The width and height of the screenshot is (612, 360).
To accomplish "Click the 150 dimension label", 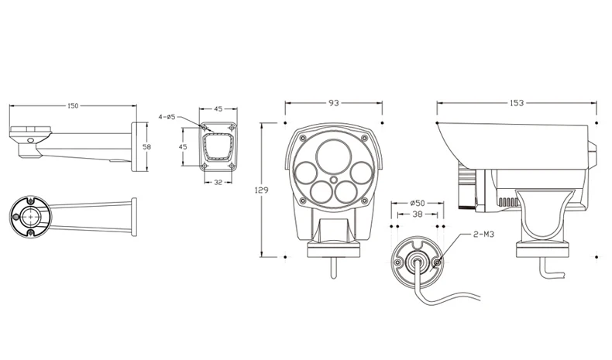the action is click(x=73, y=106).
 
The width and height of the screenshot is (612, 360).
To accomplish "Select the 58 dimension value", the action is click(x=146, y=147).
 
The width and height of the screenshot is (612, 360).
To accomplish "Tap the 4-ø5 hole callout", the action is click(x=167, y=117).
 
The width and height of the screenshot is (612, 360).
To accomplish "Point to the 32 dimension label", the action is click(x=218, y=182).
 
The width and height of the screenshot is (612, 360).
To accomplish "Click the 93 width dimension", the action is click(x=334, y=103).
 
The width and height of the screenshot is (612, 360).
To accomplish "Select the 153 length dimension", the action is click(x=517, y=103).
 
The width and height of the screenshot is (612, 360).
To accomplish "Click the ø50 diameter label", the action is click(x=418, y=203).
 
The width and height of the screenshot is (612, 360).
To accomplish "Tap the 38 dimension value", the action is click(x=418, y=214).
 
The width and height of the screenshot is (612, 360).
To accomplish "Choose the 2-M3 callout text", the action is click(x=483, y=235).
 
